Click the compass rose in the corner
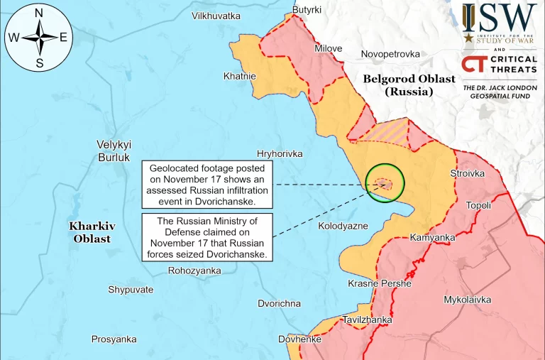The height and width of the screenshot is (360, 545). [38, 38]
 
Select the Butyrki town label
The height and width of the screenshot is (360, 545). [307, 9]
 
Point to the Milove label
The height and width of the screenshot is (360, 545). [329, 48]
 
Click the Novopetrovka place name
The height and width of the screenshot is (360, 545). [390, 54]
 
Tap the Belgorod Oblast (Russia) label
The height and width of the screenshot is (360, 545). [409, 85]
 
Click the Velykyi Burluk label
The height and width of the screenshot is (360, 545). [114, 151]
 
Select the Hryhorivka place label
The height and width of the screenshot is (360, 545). [280, 153]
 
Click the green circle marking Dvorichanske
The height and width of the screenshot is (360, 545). [385, 183]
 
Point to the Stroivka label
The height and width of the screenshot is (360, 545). [468, 173]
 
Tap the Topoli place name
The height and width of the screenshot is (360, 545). [478, 206]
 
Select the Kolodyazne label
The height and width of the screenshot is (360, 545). [343, 226]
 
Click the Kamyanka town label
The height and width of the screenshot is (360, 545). [432, 237]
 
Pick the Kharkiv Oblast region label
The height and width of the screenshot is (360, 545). [92, 232]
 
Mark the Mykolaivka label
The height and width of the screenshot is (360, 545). [467, 300]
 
